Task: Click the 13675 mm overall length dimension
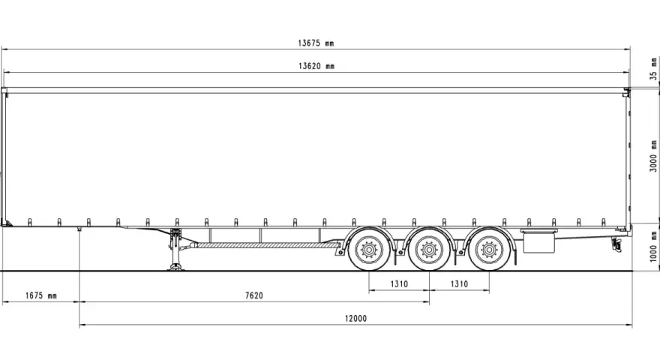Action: [316, 43]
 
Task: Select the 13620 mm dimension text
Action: [316, 66]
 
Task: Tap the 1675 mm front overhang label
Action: [40, 295]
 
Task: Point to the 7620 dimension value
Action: [254, 295]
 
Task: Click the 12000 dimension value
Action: [355, 319]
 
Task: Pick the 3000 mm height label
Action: [653, 156]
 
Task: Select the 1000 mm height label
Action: [653, 246]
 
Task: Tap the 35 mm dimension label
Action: [653, 69]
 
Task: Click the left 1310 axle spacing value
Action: [399, 283]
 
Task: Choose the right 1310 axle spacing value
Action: [459, 283]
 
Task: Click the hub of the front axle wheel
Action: [369, 250]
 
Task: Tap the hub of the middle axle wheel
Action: [429, 250]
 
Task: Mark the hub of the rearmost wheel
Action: [489, 250]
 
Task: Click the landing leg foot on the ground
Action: [175, 267]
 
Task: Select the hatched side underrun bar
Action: [268, 245]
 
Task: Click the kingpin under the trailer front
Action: [79, 229]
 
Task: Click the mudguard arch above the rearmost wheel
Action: [489, 230]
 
